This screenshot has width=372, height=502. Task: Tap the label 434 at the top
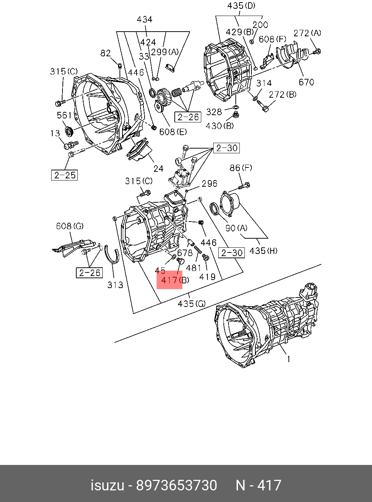[145, 20]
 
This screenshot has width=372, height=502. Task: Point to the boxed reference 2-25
[65, 175]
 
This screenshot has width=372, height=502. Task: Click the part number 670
[306, 82]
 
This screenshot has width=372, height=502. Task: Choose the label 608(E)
[173, 131]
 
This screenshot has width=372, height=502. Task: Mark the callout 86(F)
[240, 168]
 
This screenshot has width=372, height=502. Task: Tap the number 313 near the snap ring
[115, 285]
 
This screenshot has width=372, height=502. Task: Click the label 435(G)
[191, 304]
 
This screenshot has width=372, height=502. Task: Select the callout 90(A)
[236, 228]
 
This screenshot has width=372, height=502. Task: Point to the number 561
[64, 116]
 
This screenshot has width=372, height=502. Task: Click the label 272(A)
[307, 33]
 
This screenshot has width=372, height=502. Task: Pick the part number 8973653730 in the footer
[176, 485]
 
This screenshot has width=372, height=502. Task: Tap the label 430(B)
[220, 126]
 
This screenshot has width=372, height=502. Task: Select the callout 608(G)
[69, 226]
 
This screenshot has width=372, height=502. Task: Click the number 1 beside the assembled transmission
[288, 359]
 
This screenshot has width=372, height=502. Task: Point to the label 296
[209, 184]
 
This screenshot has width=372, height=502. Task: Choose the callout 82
[105, 53]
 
